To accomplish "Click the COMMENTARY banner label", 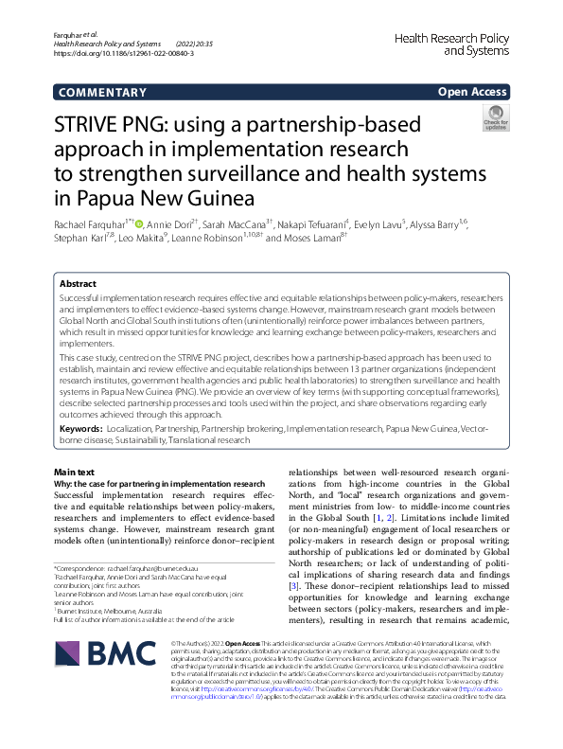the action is click(x=96, y=92).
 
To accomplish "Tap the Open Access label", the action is click(x=471, y=92).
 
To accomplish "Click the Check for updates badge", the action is click(x=495, y=119).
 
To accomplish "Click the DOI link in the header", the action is click(x=124, y=54).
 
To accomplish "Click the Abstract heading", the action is click(x=78, y=283).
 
